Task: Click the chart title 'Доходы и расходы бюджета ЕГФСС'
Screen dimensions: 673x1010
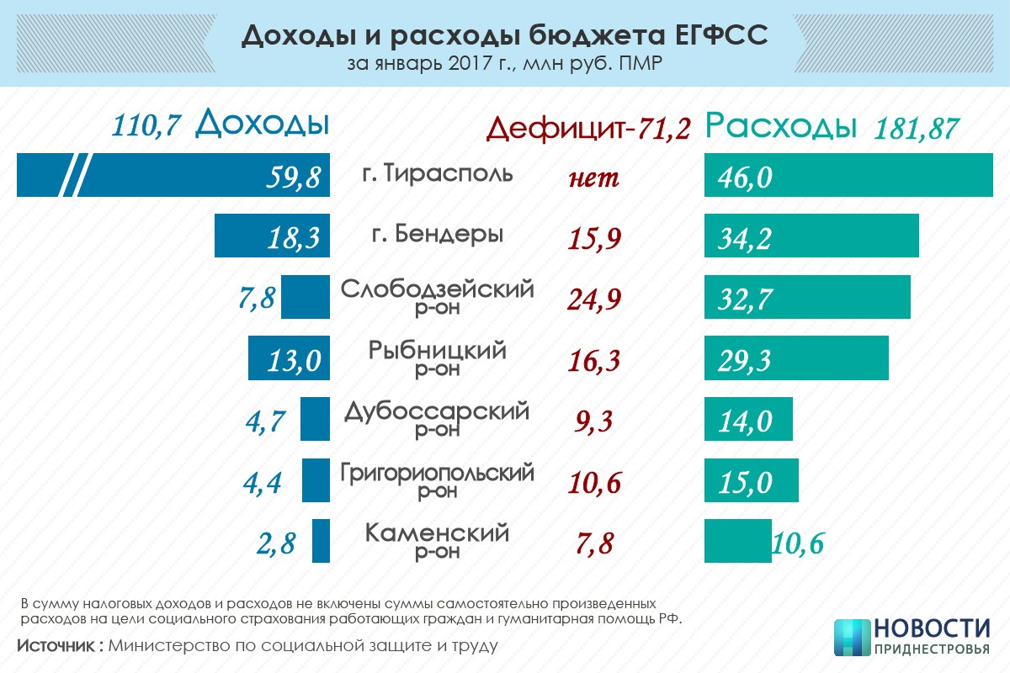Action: (x=504, y=35)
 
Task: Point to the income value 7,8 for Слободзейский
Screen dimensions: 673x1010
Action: (x=257, y=298)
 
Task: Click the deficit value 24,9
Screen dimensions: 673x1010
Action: (x=594, y=299)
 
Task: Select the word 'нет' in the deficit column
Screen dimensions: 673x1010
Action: (x=594, y=178)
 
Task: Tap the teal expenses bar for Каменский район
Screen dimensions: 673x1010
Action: (x=737, y=541)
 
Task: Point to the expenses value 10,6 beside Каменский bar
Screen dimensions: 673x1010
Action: (x=797, y=544)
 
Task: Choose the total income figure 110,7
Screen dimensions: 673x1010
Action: (x=147, y=125)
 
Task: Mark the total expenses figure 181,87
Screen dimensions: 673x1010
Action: (x=917, y=129)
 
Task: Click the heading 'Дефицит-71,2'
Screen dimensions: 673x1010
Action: (x=588, y=128)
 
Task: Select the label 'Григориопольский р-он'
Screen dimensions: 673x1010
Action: (x=437, y=479)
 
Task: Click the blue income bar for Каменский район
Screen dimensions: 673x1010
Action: (x=321, y=541)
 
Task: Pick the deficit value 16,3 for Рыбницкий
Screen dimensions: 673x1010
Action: (x=594, y=361)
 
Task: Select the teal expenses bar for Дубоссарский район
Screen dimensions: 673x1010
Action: (x=748, y=418)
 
